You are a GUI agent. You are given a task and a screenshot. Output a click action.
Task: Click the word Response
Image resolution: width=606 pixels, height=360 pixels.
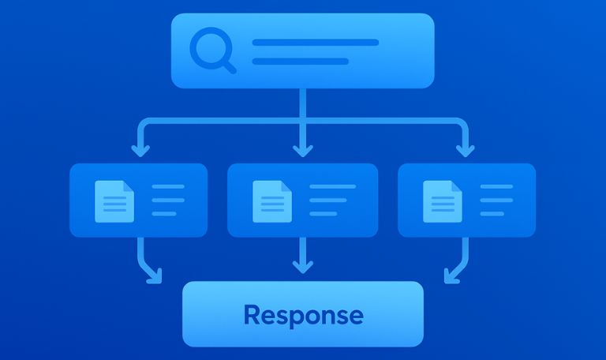(303, 315)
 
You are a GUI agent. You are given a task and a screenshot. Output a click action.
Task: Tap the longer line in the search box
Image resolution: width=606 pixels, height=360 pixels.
(315, 43)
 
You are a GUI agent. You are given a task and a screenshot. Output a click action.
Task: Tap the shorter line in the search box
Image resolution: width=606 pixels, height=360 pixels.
(300, 61)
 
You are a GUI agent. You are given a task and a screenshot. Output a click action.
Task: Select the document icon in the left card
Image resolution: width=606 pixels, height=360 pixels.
(114, 201)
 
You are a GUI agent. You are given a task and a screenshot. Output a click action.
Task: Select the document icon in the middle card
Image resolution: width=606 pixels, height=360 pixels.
(271, 201)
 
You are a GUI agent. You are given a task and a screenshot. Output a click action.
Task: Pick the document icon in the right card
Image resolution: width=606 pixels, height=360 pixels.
(442, 201)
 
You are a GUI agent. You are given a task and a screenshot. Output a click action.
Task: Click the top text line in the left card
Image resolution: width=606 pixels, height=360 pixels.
(167, 187)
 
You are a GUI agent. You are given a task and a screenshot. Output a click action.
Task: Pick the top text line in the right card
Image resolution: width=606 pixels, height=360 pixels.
(496, 187)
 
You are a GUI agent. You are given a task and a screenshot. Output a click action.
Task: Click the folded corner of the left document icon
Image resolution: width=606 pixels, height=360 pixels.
(128, 187)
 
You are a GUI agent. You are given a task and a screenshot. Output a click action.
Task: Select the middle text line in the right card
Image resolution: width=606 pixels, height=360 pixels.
(496, 201)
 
